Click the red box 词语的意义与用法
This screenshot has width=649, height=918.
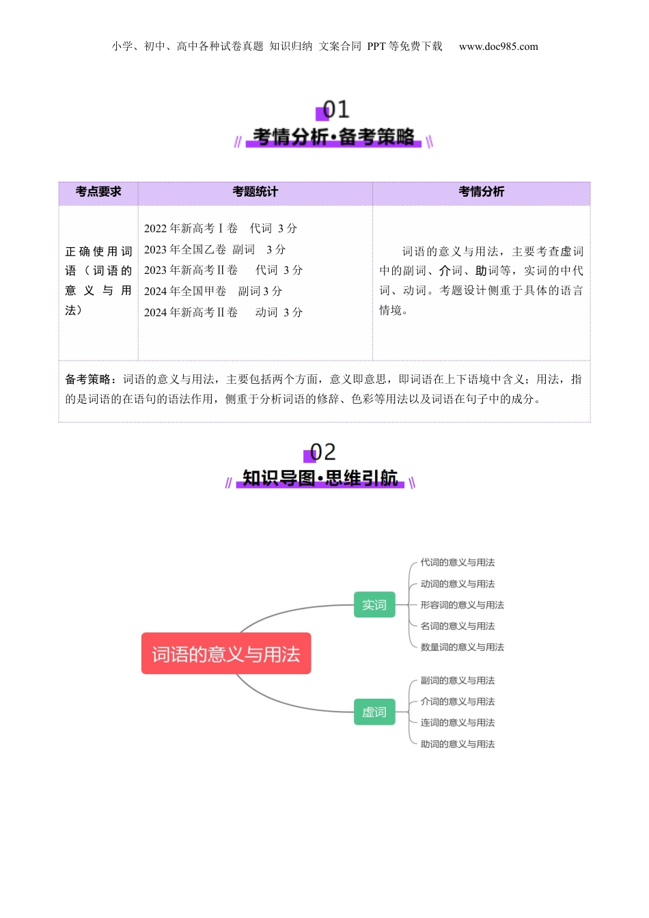point(226,654)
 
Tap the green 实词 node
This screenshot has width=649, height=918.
point(374,604)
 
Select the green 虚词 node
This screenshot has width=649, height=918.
point(374,712)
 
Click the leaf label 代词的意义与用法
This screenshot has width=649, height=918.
point(457,562)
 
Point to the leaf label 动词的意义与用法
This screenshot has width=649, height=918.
point(457,583)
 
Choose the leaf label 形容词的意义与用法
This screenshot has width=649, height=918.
point(462,604)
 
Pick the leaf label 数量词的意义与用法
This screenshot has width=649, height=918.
point(462,647)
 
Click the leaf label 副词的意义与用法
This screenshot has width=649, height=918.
point(457,680)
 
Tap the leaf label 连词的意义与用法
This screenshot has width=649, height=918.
point(457,722)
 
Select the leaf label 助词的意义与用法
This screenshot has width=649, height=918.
point(457,744)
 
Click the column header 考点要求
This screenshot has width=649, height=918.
point(98,192)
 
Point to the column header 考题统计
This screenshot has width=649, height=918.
point(255,192)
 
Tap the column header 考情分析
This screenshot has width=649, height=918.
point(481,192)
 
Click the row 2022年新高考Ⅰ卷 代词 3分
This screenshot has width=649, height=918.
point(220,228)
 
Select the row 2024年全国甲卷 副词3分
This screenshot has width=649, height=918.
point(212,291)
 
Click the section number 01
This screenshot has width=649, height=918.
point(335,109)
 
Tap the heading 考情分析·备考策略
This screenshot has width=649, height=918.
point(333,137)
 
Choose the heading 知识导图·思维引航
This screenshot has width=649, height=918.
point(320,477)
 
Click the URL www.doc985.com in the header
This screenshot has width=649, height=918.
point(498,46)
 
